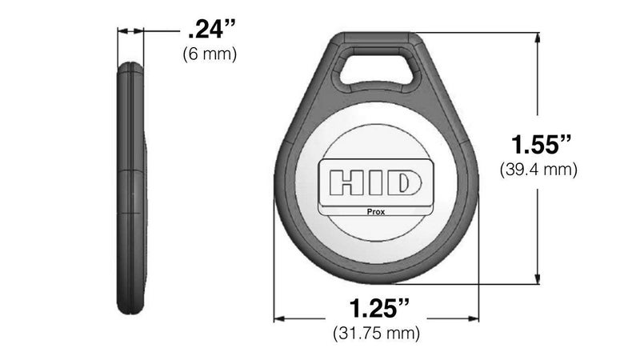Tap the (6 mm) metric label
click(210, 54)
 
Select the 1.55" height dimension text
click(542, 145)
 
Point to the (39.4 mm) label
click(538, 170)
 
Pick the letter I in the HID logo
click(376, 182)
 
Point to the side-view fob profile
click(131, 188)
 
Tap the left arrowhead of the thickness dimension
click(121, 32)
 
